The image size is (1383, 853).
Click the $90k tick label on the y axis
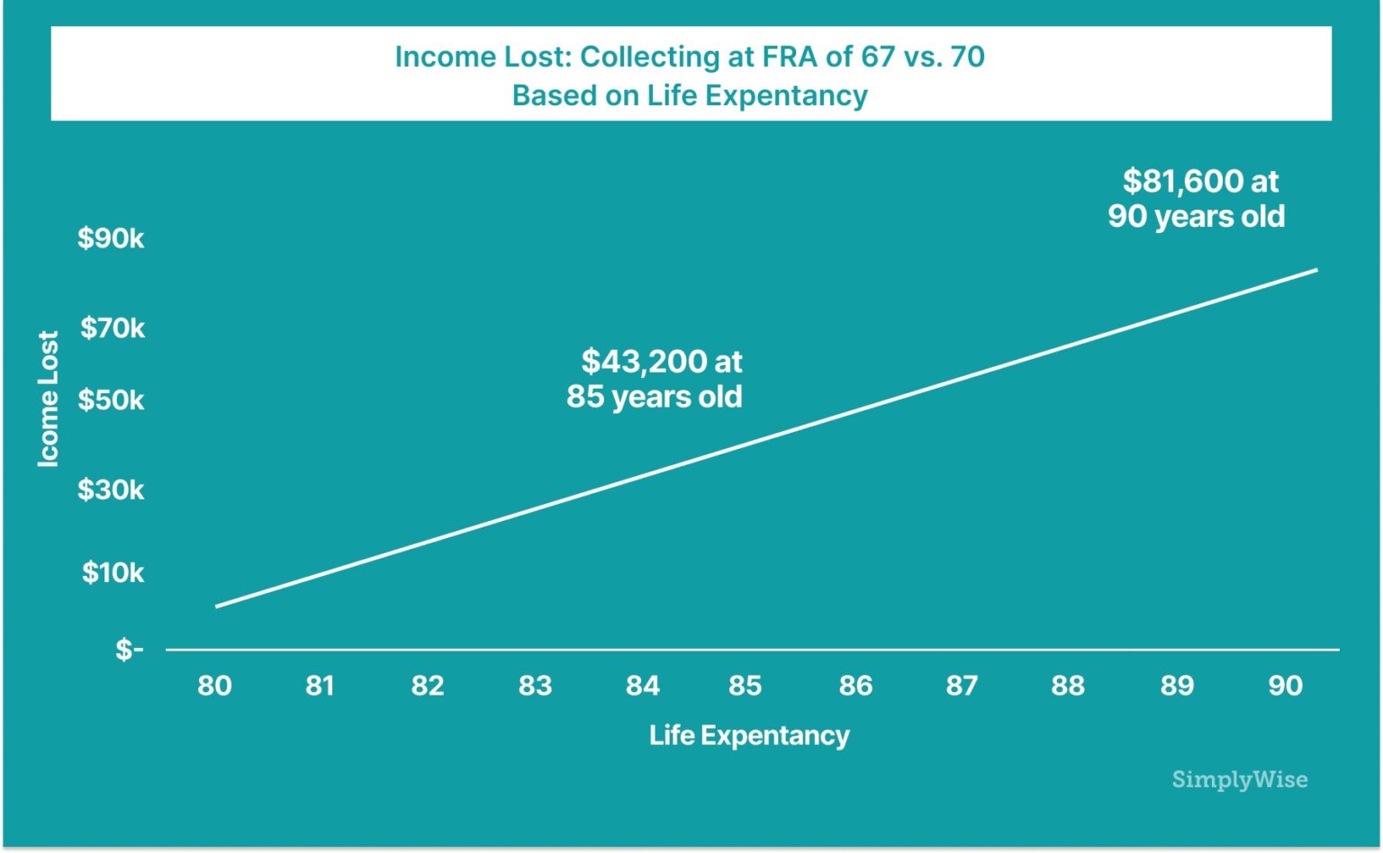click(111, 238)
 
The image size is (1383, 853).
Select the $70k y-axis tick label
click(113, 328)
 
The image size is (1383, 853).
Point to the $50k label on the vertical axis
click(111, 400)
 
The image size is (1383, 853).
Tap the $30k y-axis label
click(111, 489)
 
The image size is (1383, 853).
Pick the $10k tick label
click(113, 572)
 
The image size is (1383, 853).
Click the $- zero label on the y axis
click(129, 649)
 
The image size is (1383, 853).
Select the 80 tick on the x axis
click(214, 686)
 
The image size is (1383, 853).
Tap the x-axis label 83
click(535, 686)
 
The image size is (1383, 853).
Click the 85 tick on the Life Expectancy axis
click(746, 686)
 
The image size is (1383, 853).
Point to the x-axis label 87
click(962, 686)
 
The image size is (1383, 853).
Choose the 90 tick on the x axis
click(1285, 686)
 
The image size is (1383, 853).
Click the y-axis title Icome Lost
click(48, 399)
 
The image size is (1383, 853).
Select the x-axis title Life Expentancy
click(749, 735)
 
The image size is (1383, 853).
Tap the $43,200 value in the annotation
click(643, 362)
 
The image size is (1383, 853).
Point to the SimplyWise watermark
click(1239, 779)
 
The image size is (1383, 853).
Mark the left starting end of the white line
click(217, 606)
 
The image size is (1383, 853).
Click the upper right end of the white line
click(1316, 269)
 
